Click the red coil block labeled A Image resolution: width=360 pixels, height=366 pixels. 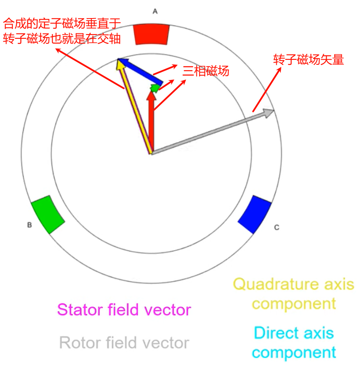(152, 34)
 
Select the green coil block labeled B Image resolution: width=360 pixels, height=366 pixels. (48, 214)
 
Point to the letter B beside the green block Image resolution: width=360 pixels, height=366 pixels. (29, 225)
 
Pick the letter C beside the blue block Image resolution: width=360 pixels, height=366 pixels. (277, 228)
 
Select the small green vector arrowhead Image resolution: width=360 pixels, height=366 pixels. (155, 88)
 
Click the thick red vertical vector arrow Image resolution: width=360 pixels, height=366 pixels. (151, 122)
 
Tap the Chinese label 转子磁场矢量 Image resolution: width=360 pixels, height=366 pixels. (309, 60)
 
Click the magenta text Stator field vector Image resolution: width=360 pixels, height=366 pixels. (124, 310)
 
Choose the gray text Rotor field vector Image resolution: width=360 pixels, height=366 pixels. (124, 343)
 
